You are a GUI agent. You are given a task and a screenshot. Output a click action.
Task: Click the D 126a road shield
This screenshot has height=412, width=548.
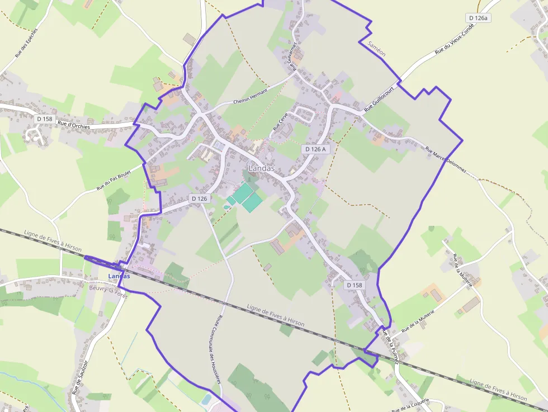pyautogui.click(x=478, y=18)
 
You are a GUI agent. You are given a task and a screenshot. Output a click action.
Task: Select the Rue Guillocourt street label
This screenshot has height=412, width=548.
pyautogui.click(x=380, y=98)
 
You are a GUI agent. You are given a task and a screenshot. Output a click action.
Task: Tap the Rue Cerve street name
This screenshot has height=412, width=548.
pyautogui.click(x=280, y=121)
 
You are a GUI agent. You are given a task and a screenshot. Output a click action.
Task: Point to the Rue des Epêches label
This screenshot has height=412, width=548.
pyautogui.click(x=26, y=43)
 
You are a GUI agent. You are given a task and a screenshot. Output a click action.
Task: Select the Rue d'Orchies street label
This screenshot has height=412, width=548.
pyautogui.click(x=74, y=126)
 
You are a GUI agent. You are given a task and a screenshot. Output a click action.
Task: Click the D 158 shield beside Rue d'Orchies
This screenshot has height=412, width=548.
pyautogui.click(x=44, y=119)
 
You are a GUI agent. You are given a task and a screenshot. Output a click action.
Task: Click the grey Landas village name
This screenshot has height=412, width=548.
pyautogui.click(x=262, y=168)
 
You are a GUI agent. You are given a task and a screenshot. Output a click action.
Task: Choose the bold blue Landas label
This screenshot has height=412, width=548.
pyautogui.click(x=119, y=276)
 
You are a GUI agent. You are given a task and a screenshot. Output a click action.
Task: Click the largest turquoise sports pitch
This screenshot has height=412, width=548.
pyautogui.click(x=244, y=193)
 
